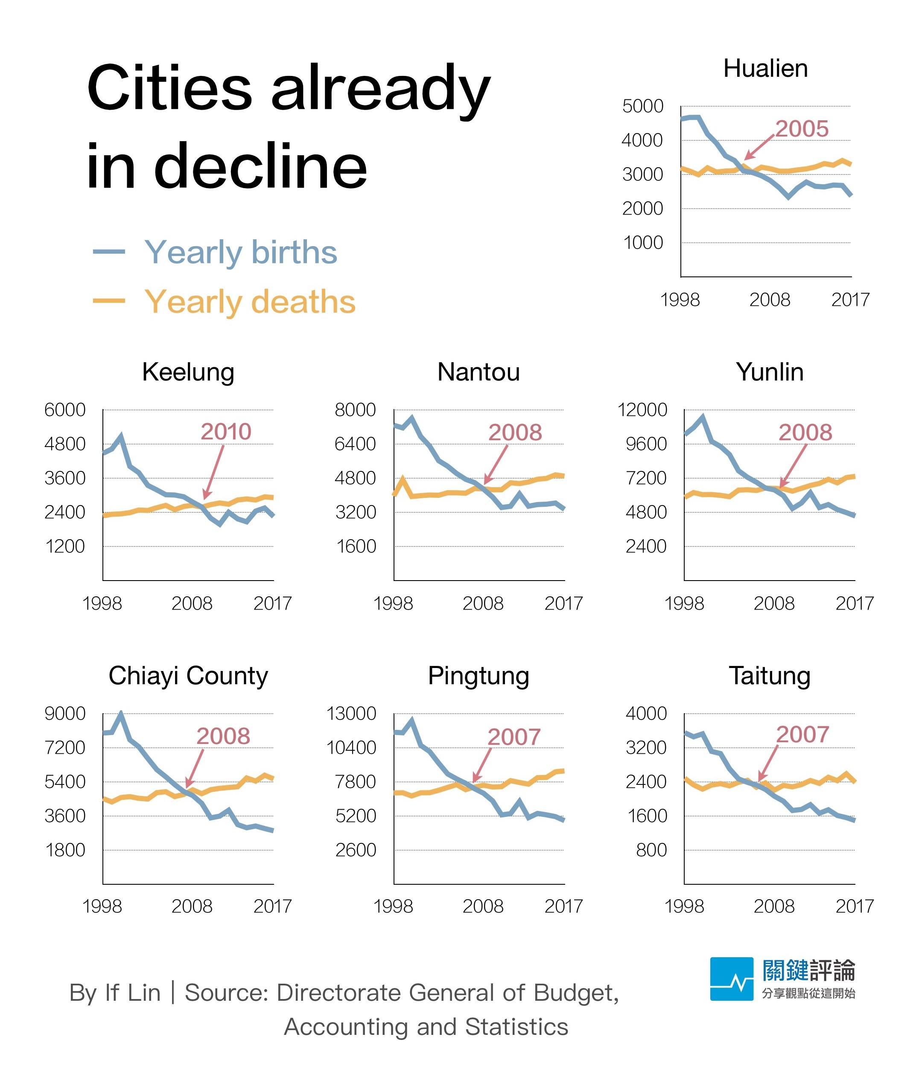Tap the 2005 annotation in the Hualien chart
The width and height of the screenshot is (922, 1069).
point(801,129)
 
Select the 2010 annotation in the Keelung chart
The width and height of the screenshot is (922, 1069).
point(226,432)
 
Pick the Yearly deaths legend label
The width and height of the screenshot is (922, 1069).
point(250,302)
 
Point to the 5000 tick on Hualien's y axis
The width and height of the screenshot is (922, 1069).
point(642,106)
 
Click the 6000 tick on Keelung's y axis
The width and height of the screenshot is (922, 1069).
point(64,410)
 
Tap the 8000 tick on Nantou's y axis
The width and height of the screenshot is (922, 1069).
point(355,410)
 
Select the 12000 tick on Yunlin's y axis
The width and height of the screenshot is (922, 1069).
point(642,410)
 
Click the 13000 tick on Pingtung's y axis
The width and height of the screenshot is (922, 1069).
point(351,714)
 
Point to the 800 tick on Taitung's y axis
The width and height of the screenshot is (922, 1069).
point(651,850)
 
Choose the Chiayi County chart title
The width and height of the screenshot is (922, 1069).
point(188,676)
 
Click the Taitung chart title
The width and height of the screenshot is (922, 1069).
point(769,676)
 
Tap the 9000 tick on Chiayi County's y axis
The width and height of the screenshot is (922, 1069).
point(64,714)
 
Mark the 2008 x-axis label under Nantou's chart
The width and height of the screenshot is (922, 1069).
point(483,603)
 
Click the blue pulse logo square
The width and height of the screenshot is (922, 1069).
point(731,979)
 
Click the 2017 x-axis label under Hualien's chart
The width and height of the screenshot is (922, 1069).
point(850,300)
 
